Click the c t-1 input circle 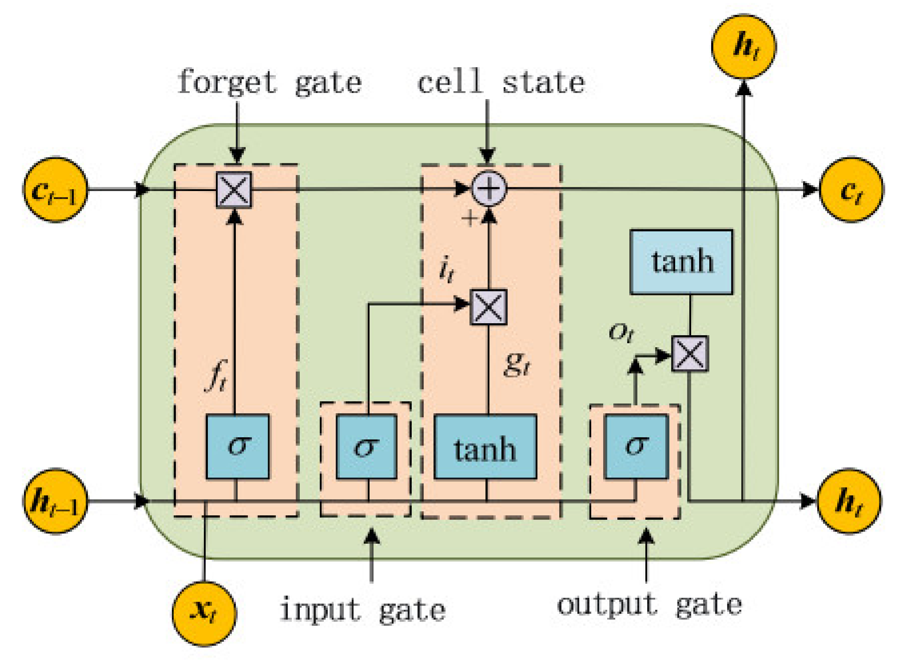(x=55, y=190)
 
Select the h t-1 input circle (x=55, y=501)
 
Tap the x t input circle (x=204, y=613)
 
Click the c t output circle (x=851, y=190)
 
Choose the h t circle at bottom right (x=849, y=501)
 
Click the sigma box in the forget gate (x=237, y=446)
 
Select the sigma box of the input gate (x=366, y=446)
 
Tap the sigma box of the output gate (x=636, y=446)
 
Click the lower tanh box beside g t (x=485, y=446)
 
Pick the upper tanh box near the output (x=681, y=262)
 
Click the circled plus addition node (x=489, y=188)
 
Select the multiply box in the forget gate (x=234, y=190)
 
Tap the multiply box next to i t (x=488, y=307)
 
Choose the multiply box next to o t (x=689, y=353)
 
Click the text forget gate (x=269, y=82)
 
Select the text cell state (x=501, y=82)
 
